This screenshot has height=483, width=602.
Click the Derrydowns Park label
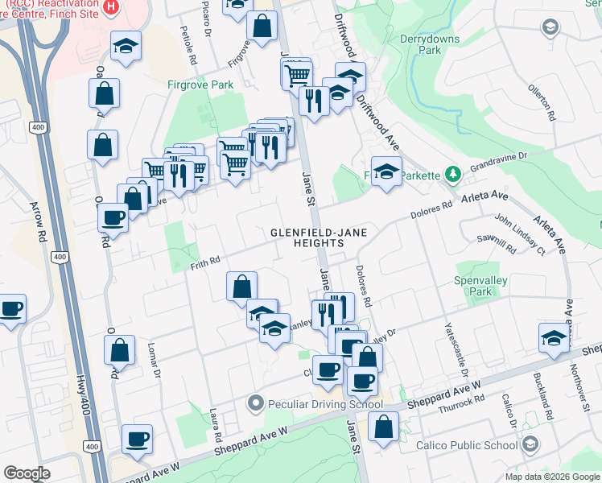(420, 43)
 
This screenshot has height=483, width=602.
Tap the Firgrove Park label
(200, 84)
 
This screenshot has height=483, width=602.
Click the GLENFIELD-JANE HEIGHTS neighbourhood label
(319, 237)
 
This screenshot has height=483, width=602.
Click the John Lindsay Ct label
(520, 234)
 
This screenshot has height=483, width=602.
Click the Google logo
(27, 473)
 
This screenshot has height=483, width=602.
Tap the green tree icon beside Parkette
(453, 175)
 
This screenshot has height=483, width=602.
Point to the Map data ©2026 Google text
(551, 477)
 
